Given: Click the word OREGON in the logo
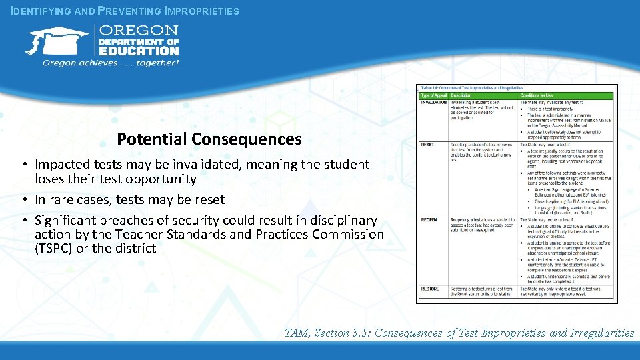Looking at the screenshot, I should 139,31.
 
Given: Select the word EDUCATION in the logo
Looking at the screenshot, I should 139,50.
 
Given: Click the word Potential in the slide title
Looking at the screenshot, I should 151,139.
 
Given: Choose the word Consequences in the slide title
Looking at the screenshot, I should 246,139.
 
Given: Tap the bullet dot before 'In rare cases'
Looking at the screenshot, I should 23,200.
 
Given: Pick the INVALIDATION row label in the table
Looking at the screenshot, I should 433,102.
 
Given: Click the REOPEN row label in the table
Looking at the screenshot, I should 429,219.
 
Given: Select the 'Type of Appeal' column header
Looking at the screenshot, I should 433,95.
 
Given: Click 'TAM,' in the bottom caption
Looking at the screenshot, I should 297,333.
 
